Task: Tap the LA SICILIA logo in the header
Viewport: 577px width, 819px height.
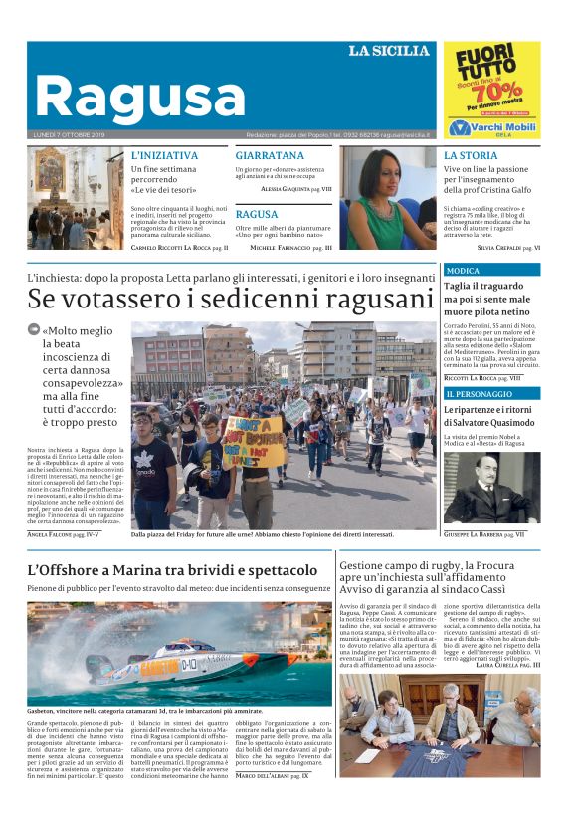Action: click(x=389, y=51)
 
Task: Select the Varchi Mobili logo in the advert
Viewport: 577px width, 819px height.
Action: click(x=492, y=127)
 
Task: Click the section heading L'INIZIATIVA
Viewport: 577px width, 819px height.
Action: click(x=165, y=156)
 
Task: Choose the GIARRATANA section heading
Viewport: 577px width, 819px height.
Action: click(x=270, y=156)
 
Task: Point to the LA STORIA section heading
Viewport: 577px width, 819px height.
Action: click(x=471, y=156)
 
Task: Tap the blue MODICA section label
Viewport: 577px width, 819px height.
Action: click(x=463, y=271)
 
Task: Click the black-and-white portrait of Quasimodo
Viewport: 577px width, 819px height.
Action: click(x=490, y=487)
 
